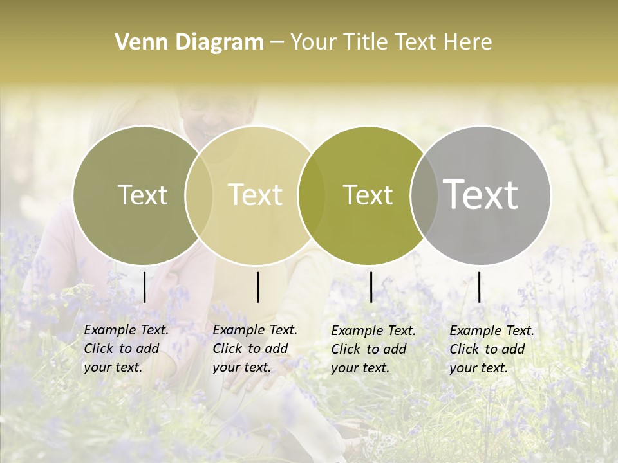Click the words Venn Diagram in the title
click(x=189, y=42)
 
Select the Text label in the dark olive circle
click(x=142, y=195)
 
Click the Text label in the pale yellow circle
click(x=256, y=195)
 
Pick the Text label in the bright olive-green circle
click(x=368, y=195)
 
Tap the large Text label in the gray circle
click(x=481, y=195)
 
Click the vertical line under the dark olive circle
click(x=144, y=287)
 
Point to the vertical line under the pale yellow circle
click(x=257, y=287)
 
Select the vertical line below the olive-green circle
click(x=371, y=287)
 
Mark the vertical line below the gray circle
click(x=480, y=287)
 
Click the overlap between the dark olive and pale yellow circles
click(x=199, y=195)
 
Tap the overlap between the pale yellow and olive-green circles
click(x=312, y=195)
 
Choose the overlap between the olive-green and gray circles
click(x=424, y=195)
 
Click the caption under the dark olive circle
click(x=126, y=349)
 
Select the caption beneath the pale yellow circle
click(x=255, y=349)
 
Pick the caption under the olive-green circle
click(x=373, y=349)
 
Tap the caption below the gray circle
click(x=492, y=349)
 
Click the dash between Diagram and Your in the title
click(x=276, y=43)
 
